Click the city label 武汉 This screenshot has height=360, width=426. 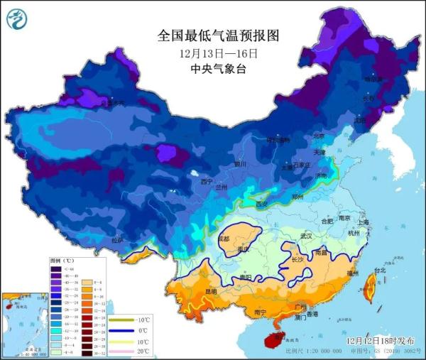pos(306,235)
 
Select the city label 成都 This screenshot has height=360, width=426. pos(224,239)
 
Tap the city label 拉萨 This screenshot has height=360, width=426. pos(118,240)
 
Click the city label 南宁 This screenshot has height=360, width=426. pos(260,312)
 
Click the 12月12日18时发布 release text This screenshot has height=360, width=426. pos(380,341)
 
